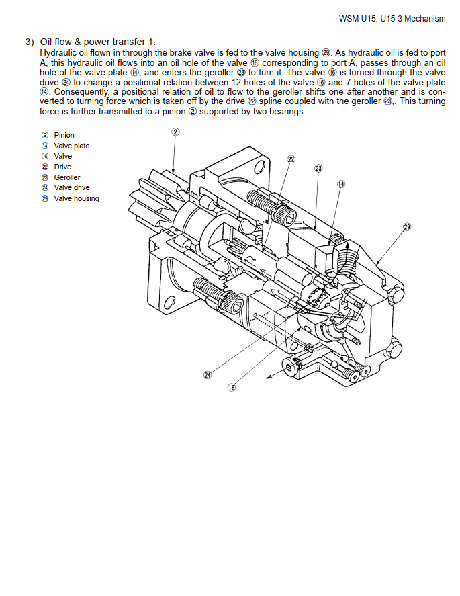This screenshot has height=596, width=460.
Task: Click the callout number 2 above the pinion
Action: tap(175, 132)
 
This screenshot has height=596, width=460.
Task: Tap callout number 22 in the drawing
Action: tap(291, 159)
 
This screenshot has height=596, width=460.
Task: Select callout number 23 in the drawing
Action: tap(318, 168)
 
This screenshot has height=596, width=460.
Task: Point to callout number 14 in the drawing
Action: tap(341, 184)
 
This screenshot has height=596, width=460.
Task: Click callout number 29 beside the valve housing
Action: tap(407, 227)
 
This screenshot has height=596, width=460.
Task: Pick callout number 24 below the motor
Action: tap(208, 375)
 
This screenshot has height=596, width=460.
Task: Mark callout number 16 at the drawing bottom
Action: tap(231, 387)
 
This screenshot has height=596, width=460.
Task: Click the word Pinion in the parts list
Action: tap(64, 135)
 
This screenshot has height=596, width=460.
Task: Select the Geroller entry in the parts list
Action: tap(67, 177)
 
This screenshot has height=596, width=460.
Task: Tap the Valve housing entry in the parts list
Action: tap(77, 198)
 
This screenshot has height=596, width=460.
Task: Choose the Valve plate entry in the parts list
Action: tap(72, 146)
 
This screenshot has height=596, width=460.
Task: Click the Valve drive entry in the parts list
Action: tap(72, 187)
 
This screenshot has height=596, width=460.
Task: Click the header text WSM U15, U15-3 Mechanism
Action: tap(392, 19)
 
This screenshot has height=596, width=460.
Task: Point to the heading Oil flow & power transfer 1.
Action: tap(98, 42)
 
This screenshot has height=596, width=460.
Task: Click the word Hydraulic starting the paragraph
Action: tap(59, 53)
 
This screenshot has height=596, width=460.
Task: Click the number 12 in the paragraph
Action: tap(236, 82)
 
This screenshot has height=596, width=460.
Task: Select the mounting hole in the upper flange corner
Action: tap(259, 167)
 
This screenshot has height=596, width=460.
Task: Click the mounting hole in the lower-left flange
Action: tap(170, 303)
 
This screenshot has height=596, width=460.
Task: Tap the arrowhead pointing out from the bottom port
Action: tap(269, 376)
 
